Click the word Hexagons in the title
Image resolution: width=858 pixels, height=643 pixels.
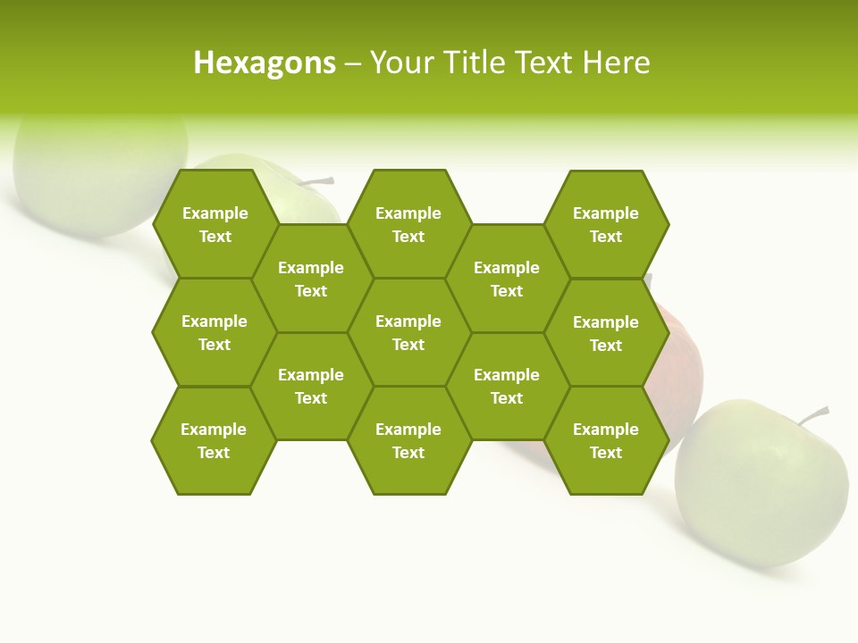click(265, 63)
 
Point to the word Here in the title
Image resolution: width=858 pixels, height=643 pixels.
click(617, 63)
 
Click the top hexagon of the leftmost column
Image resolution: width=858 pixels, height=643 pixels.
click(215, 224)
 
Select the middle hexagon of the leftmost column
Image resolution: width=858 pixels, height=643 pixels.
click(214, 332)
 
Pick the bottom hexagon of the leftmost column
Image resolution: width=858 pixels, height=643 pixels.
click(214, 440)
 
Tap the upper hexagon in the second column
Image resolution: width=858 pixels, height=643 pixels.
click(311, 279)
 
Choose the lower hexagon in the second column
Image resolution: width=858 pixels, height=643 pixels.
click(311, 386)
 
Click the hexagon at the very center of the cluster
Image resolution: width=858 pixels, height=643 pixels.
click(408, 332)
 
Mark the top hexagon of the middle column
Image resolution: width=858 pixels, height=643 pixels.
click(408, 224)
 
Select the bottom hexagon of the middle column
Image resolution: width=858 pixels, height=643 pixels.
click(408, 440)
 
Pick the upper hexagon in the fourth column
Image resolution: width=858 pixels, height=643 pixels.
click(507, 279)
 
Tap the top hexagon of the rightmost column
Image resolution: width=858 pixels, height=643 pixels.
click(606, 224)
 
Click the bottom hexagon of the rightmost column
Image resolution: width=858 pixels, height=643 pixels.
click(606, 440)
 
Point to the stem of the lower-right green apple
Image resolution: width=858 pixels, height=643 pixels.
click(815, 414)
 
